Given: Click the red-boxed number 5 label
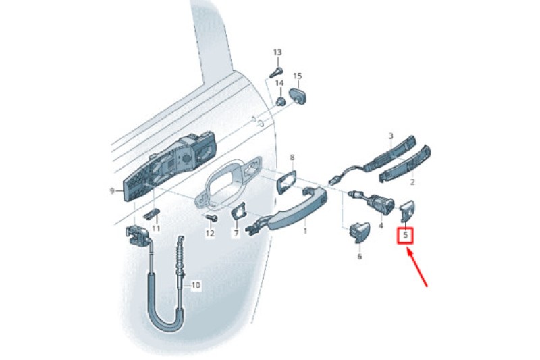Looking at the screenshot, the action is click(406, 236).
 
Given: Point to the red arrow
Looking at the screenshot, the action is click(417, 267).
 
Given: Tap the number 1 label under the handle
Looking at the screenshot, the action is click(305, 231).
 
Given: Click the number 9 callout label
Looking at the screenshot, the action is click(112, 190).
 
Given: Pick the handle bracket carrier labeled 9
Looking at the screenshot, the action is click(169, 166).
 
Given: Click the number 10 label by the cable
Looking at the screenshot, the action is click(195, 285).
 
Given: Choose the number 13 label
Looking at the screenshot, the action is click(277, 53).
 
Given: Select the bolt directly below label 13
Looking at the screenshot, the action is click(276, 72).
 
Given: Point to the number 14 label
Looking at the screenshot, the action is click(279, 83).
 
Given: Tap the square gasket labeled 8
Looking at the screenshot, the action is click(286, 182).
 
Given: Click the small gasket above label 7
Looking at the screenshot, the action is click(238, 211).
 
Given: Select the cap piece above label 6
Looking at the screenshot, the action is click(360, 232).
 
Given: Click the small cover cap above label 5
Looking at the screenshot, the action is click(408, 210).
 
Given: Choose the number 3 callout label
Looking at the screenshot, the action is click(391, 136).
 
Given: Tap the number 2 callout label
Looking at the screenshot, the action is click(412, 182).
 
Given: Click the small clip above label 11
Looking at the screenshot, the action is click(152, 214).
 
